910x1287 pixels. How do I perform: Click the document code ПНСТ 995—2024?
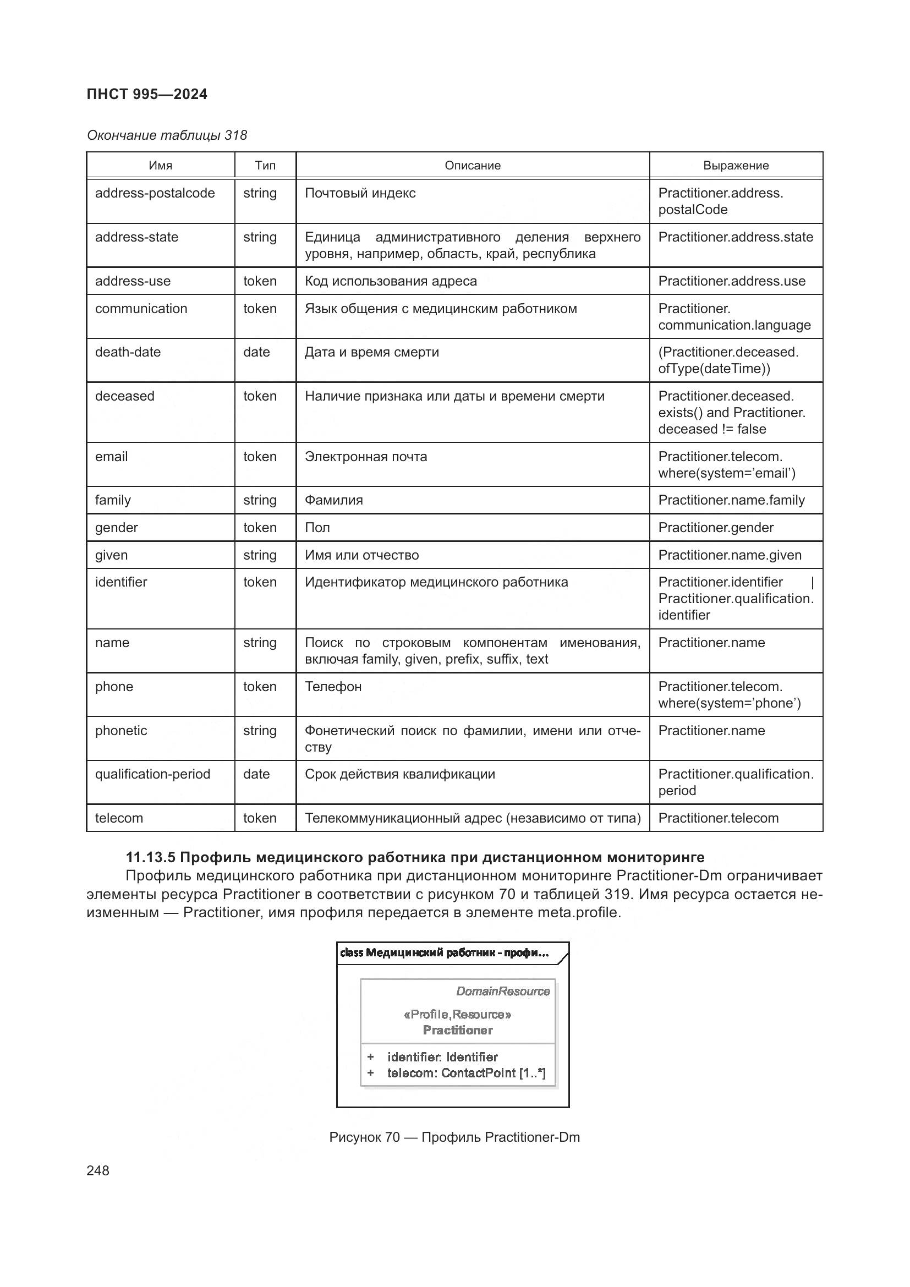point(147,94)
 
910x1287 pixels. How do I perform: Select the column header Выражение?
point(736,166)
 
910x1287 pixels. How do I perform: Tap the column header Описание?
point(473,166)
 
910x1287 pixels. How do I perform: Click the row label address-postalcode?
point(155,193)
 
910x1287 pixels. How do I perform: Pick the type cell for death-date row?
point(256,352)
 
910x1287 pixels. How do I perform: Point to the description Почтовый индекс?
point(360,193)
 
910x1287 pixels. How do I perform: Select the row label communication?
point(141,309)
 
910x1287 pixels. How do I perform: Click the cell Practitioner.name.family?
point(731,500)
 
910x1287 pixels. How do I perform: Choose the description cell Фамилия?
point(333,500)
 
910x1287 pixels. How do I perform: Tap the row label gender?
point(117,528)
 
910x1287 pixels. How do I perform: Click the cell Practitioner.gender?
point(716,528)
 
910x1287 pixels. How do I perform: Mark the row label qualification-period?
point(152,774)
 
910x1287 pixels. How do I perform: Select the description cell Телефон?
point(333,687)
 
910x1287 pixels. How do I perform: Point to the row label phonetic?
point(121,730)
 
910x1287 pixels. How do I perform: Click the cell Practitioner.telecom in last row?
point(718,818)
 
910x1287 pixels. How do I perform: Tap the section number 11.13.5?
point(150,857)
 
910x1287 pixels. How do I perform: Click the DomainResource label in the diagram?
point(503,991)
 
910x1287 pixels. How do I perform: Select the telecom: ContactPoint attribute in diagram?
point(465,1073)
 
